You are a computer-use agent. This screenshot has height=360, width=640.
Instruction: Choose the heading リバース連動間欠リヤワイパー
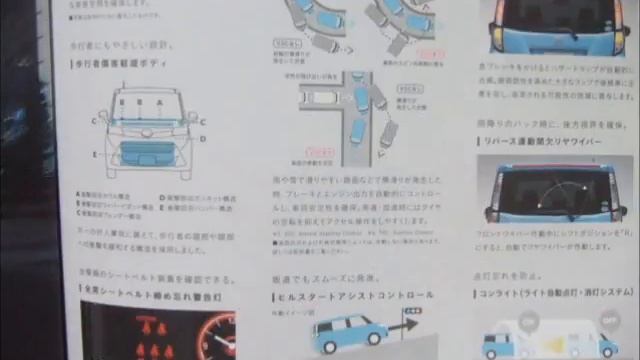pos(544,143)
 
